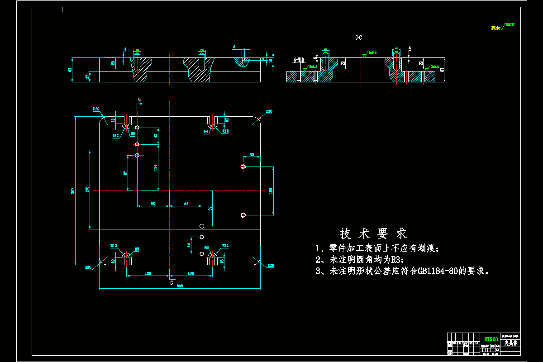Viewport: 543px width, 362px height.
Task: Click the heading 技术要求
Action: pos(373,233)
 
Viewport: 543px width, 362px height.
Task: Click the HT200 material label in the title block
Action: pos(491,339)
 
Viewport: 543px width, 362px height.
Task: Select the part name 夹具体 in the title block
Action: pos(511,343)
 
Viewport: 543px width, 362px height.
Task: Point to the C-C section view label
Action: pos(358,38)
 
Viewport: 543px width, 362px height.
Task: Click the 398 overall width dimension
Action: pos(180,286)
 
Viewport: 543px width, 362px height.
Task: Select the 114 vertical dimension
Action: pos(156,167)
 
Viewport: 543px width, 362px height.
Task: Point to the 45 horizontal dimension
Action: pos(252,155)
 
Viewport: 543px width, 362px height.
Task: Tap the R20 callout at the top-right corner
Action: pos(269,111)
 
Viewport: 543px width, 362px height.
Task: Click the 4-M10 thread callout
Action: pos(298,60)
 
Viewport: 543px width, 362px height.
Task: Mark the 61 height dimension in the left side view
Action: pos(70,70)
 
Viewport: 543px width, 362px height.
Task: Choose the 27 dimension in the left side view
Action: pos(87,76)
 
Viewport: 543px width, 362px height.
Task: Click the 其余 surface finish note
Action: pos(496,28)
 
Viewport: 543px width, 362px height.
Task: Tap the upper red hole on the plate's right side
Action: pos(243,167)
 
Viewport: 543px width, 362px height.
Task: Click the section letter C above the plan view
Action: pos(139,99)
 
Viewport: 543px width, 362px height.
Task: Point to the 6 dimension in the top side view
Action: pos(234,47)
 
